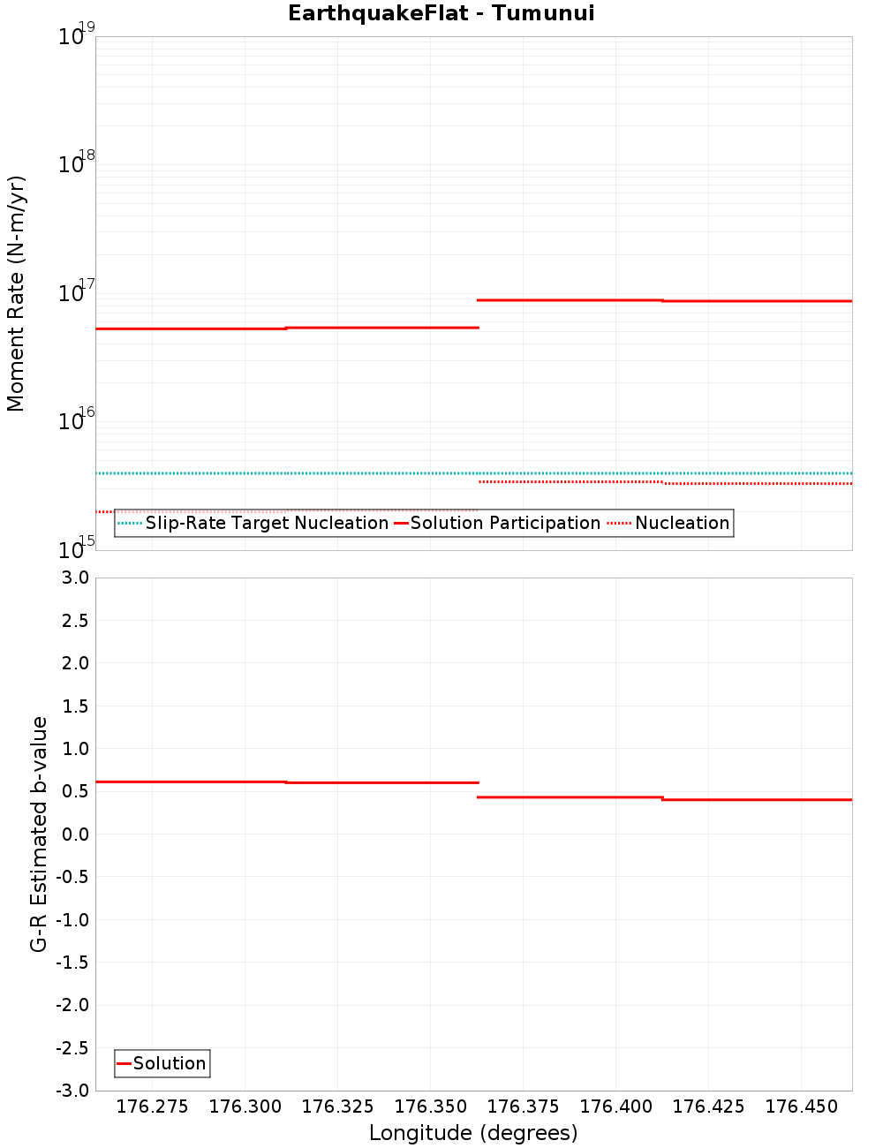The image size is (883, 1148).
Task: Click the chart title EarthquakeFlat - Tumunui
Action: pos(441,13)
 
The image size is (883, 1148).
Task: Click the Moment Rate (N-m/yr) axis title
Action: pos(16,293)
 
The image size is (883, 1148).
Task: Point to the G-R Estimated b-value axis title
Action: pos(39,834)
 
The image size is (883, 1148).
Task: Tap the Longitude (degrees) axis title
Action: pos(473,1133)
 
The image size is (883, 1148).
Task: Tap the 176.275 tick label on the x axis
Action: pos(152,1106)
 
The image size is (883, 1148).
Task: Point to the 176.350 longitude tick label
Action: pos(430,1106)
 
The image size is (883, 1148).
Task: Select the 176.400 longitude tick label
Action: pos(615,1106)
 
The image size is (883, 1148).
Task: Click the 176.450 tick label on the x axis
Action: pos(801,1106)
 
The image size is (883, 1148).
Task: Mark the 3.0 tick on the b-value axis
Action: pos(72,578)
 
